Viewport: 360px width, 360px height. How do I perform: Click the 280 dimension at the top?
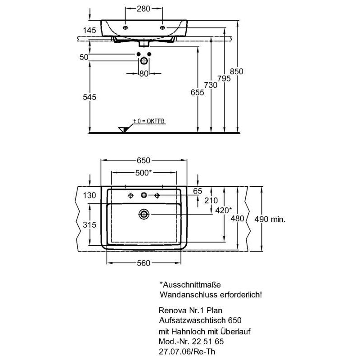(144, 9)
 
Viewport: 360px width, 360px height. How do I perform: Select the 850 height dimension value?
(237, 72)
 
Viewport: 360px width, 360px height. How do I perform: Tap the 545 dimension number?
(90, 97)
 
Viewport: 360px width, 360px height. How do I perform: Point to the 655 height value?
(197, 92)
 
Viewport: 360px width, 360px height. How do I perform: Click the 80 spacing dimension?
(144, 73)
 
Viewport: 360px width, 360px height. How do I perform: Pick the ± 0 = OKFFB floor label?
(149, 121)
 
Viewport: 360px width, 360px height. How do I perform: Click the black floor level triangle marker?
(123, 130)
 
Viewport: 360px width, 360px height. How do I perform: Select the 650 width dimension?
(144, 160)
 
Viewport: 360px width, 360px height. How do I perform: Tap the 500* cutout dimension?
(144, 173)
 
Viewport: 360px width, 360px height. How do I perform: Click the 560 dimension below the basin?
(144, 263)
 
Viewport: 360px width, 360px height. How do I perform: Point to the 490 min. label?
(270, 219)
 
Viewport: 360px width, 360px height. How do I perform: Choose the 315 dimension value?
(90, 225)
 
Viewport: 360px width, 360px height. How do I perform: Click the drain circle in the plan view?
(144, 214)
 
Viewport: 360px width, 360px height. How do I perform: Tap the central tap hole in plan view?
(144, 195)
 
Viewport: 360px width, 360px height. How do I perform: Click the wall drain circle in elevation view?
(144, 61)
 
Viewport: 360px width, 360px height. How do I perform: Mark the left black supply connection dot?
(139, 54)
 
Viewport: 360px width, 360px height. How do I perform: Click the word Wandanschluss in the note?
(189, 295)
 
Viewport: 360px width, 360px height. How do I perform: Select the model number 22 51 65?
(208, 342)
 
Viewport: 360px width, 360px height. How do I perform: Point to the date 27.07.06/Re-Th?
(187, 351)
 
